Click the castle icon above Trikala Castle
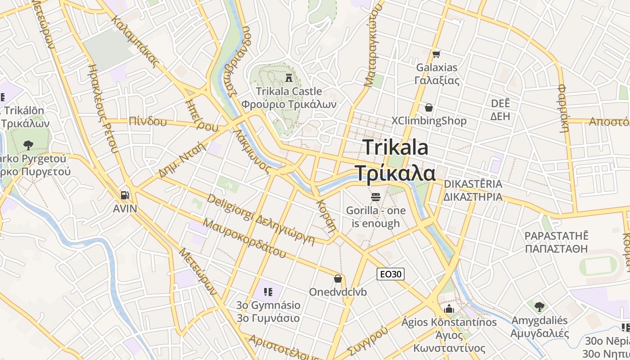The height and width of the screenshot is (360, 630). coord(288,77)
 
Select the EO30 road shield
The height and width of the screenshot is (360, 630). coord(391,274)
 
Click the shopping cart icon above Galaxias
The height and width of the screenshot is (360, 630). coord(436,54)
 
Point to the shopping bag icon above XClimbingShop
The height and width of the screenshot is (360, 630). coord(429,108)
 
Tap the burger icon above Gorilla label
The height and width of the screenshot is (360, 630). coord(376,197)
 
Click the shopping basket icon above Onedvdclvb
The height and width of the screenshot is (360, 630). coord(338,279)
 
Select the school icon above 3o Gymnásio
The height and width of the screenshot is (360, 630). coord(268,292)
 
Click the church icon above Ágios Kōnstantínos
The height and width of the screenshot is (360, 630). coord(449,309)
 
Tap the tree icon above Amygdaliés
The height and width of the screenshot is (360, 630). coord(539,307)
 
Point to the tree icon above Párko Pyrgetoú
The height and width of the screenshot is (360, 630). coord(28,145)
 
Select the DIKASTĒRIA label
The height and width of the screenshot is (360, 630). coord(473,184)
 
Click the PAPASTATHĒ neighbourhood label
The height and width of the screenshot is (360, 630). coord(557,236)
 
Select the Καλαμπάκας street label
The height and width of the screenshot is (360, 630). coord(135,41)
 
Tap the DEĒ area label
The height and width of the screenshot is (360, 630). coord(500,103)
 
